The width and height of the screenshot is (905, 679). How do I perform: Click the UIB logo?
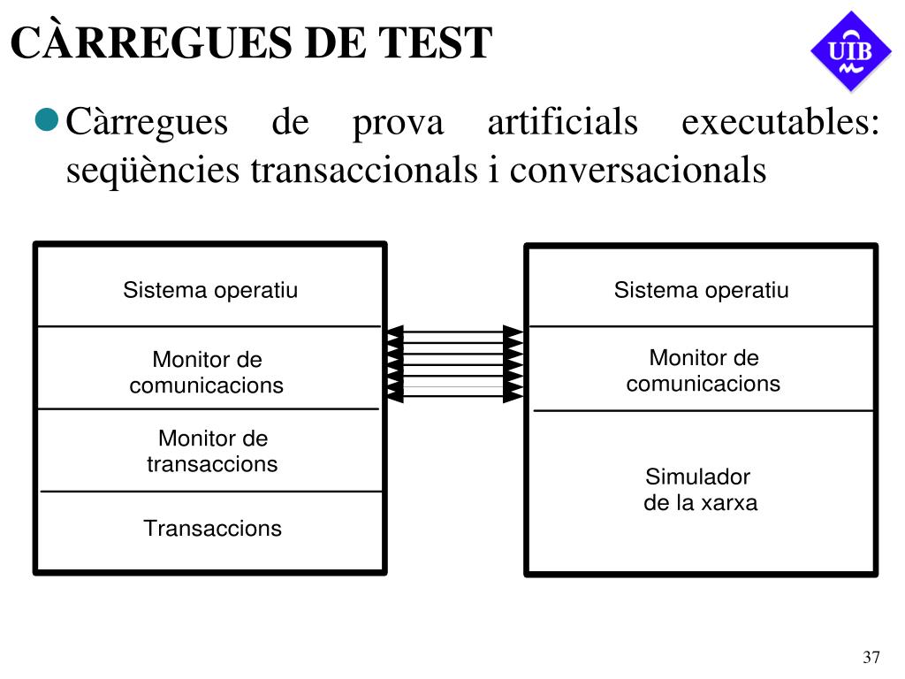(851, 51)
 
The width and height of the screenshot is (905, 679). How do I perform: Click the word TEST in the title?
(435, 42)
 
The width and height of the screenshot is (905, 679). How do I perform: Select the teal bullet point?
(47, 119)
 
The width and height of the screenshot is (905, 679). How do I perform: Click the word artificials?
(563, 122)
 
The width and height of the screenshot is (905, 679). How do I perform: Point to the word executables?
(780, 122)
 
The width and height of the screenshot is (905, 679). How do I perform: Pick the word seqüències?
(152, 171)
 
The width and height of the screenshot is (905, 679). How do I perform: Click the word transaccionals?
(364, 170)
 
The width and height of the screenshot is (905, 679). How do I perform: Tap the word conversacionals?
(638, 171)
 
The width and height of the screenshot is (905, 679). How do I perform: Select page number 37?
(871, 657)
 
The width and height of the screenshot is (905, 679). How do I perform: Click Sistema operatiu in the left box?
(210, 290)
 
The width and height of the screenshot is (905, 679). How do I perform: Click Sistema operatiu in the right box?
(701, 290)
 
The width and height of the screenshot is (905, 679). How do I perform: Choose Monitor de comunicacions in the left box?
(207, 372)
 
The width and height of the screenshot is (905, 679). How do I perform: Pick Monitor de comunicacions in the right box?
(703, 370)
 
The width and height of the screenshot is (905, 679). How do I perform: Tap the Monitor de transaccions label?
(212, 451)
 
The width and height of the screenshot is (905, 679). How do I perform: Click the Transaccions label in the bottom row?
(213, 529)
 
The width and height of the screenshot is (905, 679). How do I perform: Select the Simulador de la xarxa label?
(700, 490)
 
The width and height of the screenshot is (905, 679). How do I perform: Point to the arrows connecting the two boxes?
(455, 363)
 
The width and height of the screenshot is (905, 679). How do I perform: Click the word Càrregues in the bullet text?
(148, 123)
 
